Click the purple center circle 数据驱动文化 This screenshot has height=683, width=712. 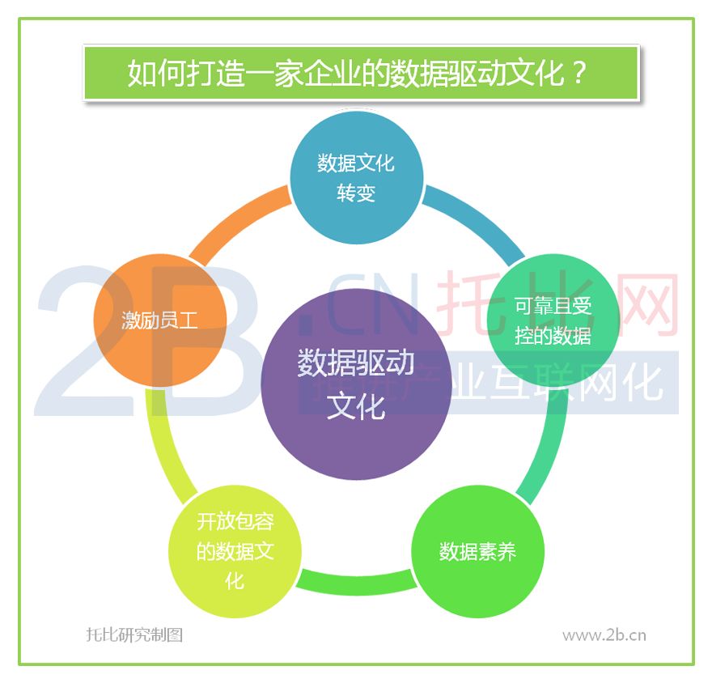click(357, 384)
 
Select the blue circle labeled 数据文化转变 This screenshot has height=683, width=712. click(357, 177)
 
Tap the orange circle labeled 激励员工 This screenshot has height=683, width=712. click(160, 320)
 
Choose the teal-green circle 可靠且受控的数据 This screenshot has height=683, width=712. click(553, 320)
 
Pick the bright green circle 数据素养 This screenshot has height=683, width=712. click(477, 551)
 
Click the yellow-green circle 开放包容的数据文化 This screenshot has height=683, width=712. click(235, 551)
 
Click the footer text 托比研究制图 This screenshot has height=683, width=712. click(135, 634)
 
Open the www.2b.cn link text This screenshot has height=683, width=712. click(604, 635)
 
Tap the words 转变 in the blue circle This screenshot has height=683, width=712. click(357, 193)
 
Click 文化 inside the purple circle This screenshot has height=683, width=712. click(357, 406)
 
